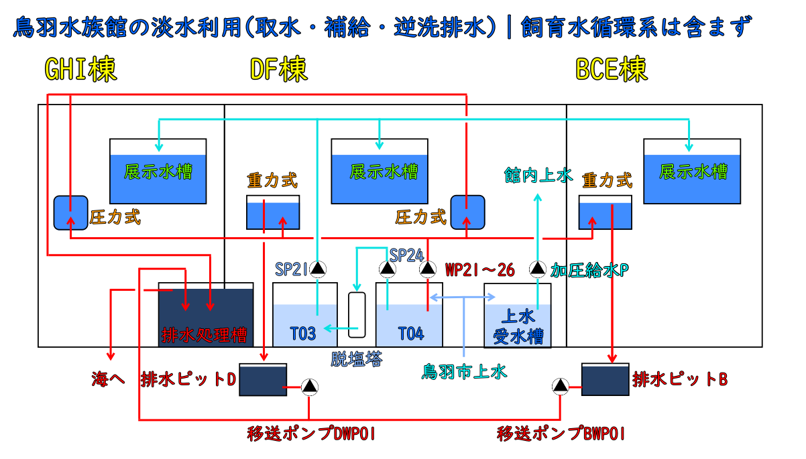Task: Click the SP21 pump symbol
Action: (318, 269)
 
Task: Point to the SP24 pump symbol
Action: (387, 269)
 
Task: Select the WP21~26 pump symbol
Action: (428, 269)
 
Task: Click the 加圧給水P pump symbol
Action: (537, 269)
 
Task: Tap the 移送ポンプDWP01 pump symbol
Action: (309, 387)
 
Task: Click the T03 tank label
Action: (302, 333)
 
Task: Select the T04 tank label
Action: (410, 333)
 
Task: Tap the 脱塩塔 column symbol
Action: (357, 315)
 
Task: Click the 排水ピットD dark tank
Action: (263, 380)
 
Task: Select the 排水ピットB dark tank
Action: (606, 379)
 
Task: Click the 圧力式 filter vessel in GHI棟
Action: (70, 212)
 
